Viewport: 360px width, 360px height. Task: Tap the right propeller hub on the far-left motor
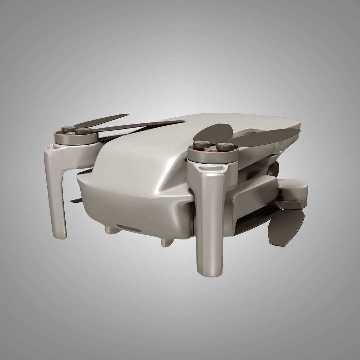click(x=81, y=132)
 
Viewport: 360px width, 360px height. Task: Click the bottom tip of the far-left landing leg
click(x=60, y=235)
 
